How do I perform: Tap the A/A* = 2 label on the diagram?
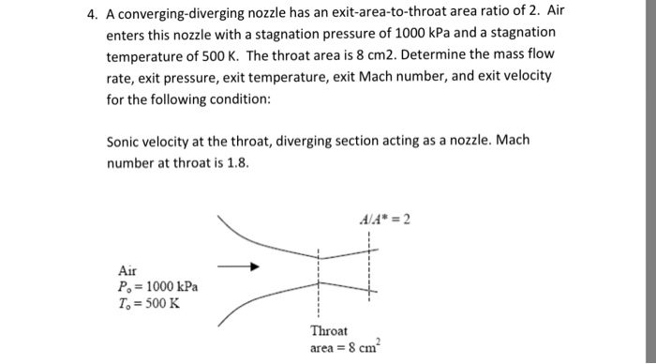point(385,221)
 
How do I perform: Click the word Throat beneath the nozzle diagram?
point(329,331)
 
